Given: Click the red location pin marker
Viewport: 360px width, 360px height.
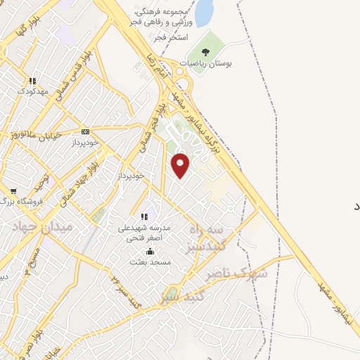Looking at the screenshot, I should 181,165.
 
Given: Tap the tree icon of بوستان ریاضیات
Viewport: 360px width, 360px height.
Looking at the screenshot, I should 205,52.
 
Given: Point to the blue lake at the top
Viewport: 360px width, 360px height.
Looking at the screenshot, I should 204,13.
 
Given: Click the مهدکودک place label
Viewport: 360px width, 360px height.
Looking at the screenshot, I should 33,92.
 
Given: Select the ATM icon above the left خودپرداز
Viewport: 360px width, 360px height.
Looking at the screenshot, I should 86,131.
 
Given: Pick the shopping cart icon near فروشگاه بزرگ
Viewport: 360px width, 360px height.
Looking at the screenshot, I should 13,191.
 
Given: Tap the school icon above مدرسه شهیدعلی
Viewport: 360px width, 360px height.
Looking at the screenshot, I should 145,217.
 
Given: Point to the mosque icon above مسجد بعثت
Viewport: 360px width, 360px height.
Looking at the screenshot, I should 149,251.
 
